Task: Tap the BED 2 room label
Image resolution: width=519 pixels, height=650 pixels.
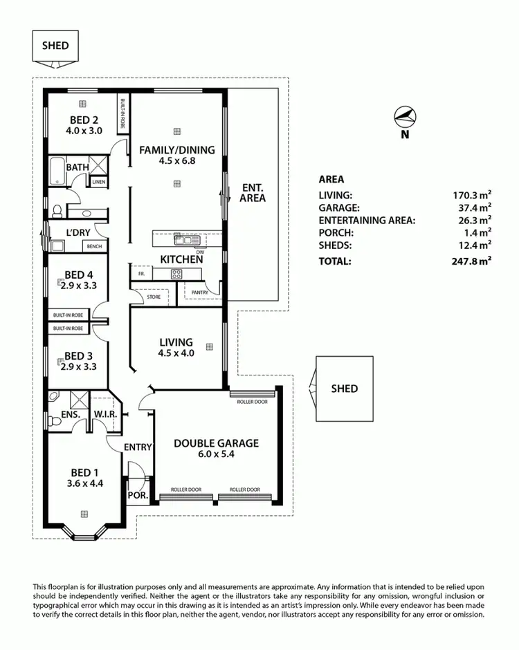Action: pos(84,119)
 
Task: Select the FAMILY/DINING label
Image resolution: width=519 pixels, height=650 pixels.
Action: pos(177,149)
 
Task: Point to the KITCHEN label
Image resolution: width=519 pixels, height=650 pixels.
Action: pos(181,259)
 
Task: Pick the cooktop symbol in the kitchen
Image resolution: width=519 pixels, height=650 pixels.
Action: pos(176,274)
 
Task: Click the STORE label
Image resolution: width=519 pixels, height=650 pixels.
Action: pos(154,297)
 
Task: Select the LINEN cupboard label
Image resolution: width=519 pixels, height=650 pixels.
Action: pos(98,182)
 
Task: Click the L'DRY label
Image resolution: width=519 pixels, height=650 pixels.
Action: pos(78,232)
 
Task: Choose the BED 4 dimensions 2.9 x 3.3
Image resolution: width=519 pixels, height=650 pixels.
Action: pos(78,285)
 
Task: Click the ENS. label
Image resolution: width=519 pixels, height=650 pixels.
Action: pos(69,415)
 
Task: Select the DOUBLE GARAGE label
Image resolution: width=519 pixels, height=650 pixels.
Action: pos(216,443)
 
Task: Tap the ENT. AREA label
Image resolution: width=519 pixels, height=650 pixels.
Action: pos(253,193)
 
